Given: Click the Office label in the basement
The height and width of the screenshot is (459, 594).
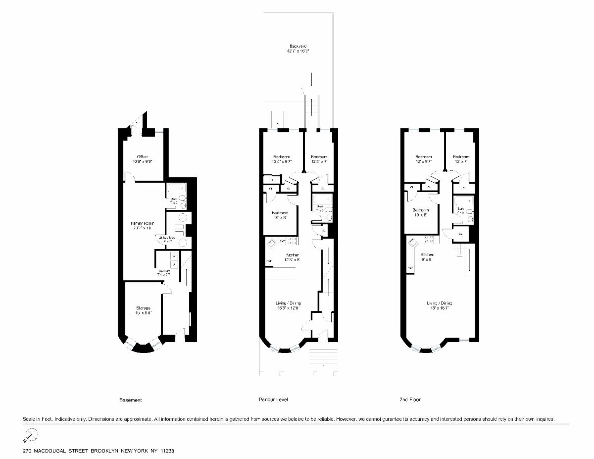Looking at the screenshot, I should point(142,156).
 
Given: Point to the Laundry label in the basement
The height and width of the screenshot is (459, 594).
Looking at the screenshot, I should point(164,271).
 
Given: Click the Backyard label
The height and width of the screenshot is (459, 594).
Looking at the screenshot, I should point(298,46).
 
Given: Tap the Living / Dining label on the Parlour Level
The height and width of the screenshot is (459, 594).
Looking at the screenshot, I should point(289,303).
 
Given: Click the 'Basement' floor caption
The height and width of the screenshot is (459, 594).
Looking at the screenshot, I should point(131,400).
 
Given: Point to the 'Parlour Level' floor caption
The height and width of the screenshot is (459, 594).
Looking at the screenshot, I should point(273,400).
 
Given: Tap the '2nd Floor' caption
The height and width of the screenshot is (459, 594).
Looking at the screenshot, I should point(410,400).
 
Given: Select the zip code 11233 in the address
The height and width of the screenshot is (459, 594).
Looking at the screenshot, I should point(167,452).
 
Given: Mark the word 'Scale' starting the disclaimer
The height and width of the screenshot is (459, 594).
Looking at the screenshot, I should point(29,419).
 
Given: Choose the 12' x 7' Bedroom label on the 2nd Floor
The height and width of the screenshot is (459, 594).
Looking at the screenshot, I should point(461,156).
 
